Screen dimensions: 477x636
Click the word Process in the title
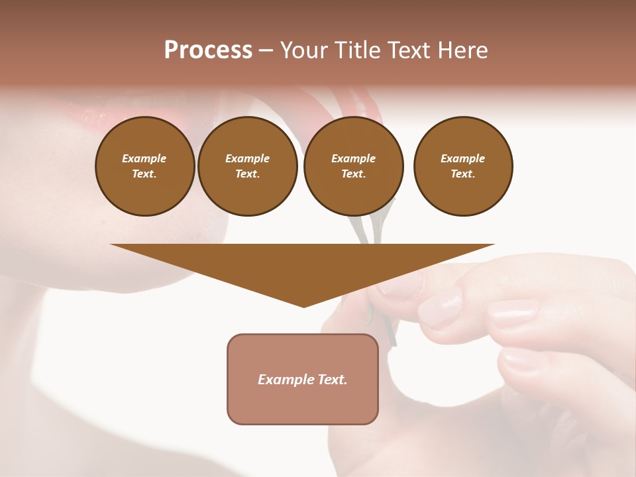coord(208,50)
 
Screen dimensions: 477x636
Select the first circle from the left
coord(144,166)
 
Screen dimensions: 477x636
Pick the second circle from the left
coord(247,166)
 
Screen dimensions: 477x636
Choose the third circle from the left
coord(353,166)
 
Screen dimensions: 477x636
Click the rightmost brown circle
coord(462,166)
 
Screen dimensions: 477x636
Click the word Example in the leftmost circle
coord(144,158)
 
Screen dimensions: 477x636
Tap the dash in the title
coord(266,51)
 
